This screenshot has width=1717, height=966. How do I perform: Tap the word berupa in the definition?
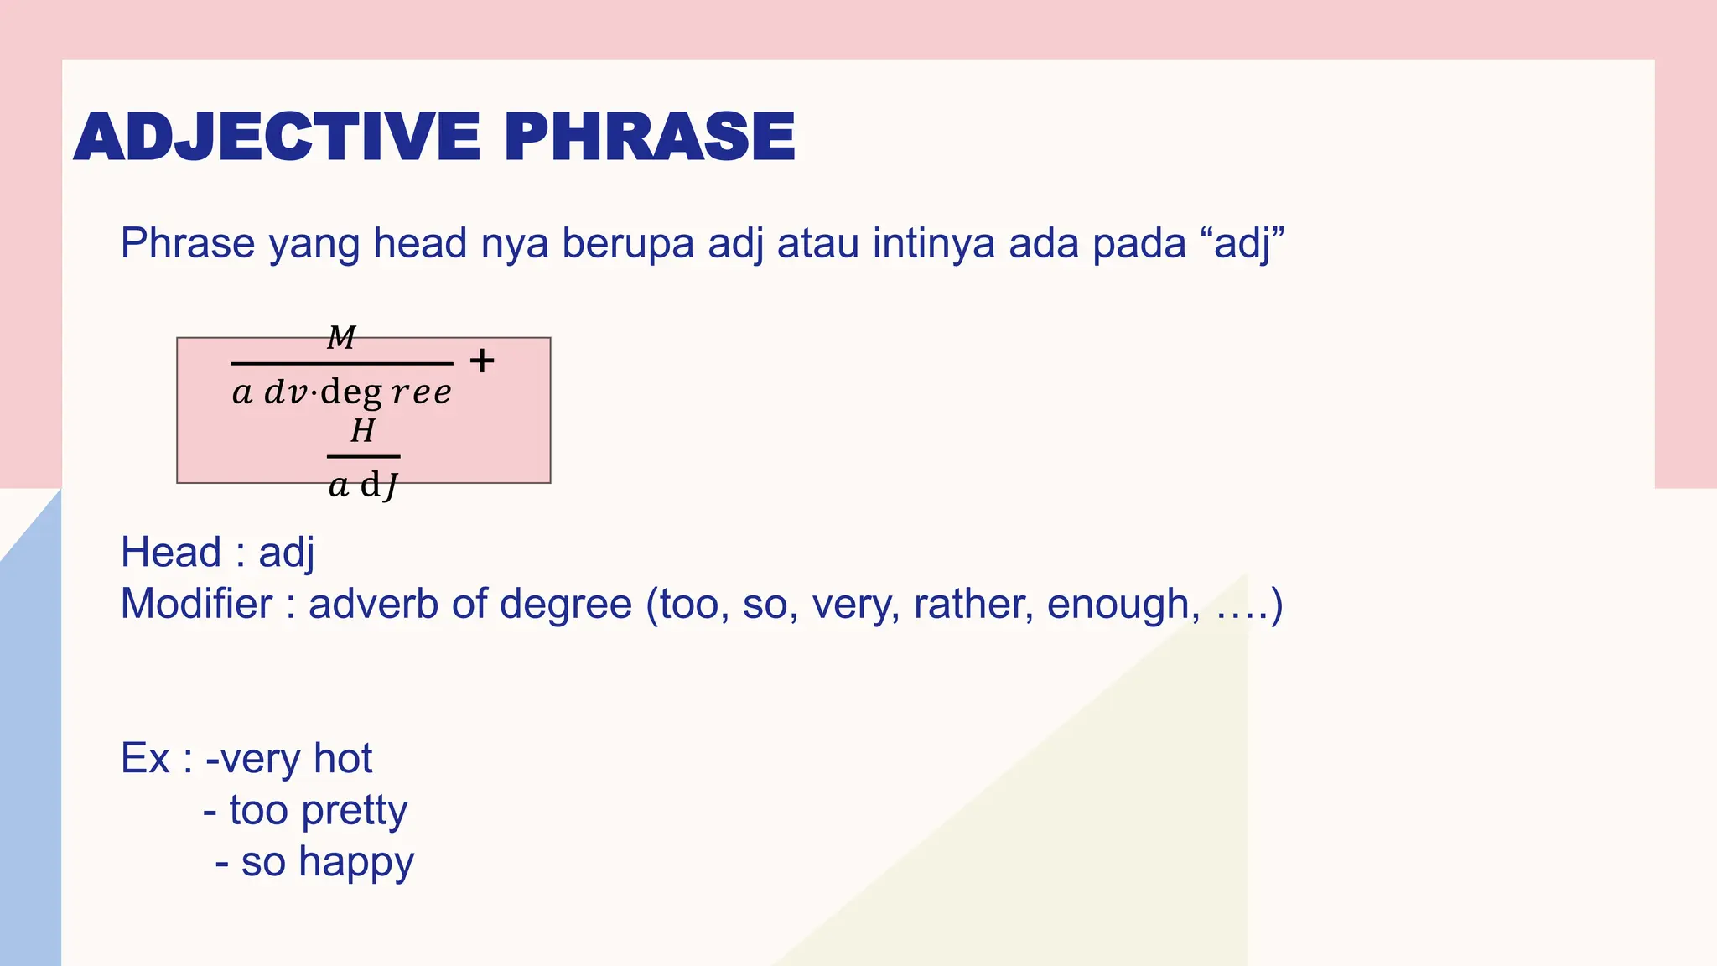tap(628, 243)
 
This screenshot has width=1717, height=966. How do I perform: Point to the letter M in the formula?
tap(341, 338)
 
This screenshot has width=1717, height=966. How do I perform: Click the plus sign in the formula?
tap(482, 361)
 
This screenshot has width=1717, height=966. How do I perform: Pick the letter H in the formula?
tap(363, 431)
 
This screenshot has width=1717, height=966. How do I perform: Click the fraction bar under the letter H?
tap(363, 457)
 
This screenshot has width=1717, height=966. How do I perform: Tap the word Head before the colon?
tap(171, 553)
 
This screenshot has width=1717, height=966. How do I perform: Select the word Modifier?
tap(196, 604)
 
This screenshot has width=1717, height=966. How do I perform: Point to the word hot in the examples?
tap(342, 759)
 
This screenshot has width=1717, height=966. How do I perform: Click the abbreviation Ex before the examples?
tap(145, 759)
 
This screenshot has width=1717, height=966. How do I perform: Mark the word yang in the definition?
tap(314, 245)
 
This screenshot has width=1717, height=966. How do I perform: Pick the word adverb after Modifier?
tap(373, 604)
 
